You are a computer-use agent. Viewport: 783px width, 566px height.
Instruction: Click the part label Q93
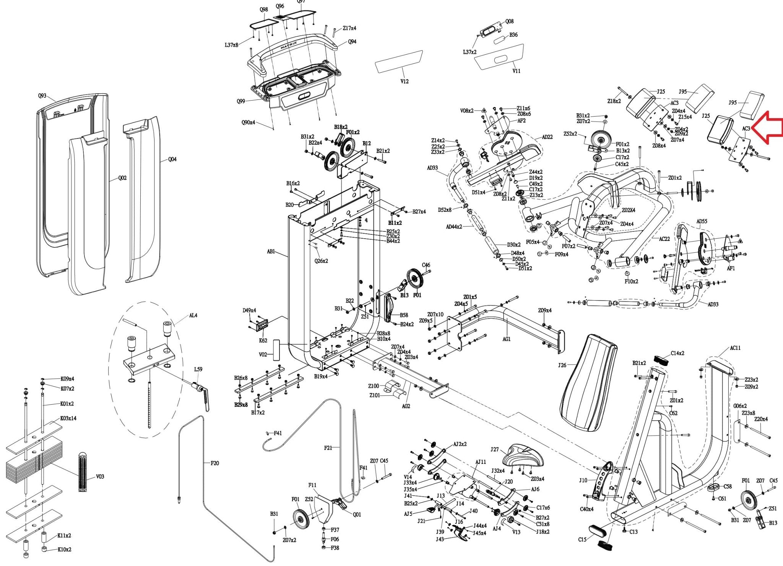click(42, 96)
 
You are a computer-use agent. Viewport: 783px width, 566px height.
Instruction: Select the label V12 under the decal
click(404, 81)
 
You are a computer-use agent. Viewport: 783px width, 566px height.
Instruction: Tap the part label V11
click(516, 71)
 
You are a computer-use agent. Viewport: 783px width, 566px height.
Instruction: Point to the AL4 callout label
click(193, 316)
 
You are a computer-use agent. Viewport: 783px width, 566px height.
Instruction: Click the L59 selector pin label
click(198, 369)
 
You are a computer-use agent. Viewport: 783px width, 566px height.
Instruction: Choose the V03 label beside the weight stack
click(100, 477)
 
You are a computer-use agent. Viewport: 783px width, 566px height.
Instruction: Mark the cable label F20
click(215, 463)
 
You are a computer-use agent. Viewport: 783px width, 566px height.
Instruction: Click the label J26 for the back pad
click(562, 365)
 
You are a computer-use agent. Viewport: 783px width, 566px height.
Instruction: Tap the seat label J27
click(495, 449)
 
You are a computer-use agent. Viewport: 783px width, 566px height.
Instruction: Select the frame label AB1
click(271, 252)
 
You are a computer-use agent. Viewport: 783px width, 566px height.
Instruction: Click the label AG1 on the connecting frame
click(507, 339)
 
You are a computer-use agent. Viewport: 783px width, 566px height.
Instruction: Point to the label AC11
click(735, 348)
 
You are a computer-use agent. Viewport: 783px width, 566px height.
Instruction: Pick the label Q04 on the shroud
click(172, 159)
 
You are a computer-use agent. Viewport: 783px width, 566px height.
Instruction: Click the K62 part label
click(263, 340)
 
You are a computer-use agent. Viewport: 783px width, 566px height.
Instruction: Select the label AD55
click(702, 221)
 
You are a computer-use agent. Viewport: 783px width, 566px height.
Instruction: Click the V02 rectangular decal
click(276, 349)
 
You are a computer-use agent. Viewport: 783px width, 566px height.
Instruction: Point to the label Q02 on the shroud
click(122, 178)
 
